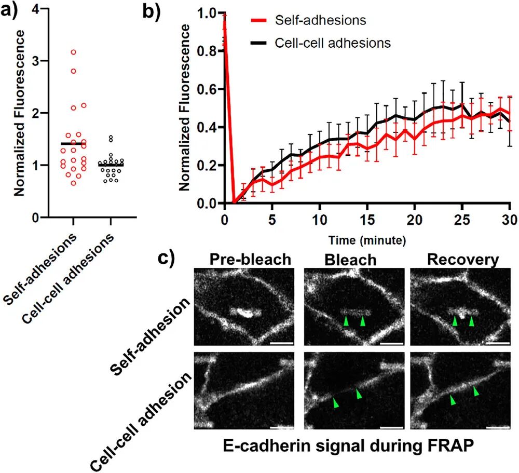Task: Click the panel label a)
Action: pos(11,10)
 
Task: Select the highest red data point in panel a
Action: pos(74,52)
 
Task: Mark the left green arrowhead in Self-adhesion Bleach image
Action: pos(346,322)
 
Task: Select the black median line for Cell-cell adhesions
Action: pos(111,165)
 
